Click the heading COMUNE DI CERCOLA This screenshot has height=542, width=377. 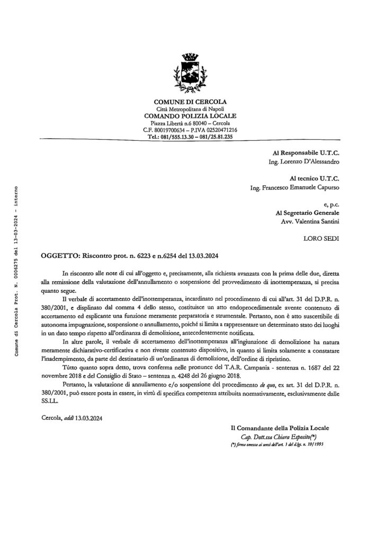click(190, 101)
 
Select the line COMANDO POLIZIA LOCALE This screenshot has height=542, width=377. click(190, 115)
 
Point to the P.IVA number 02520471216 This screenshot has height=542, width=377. click(218, 129)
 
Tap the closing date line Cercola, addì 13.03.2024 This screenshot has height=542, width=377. click(71, 418)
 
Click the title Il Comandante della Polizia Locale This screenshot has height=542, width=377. click(283, 428)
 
